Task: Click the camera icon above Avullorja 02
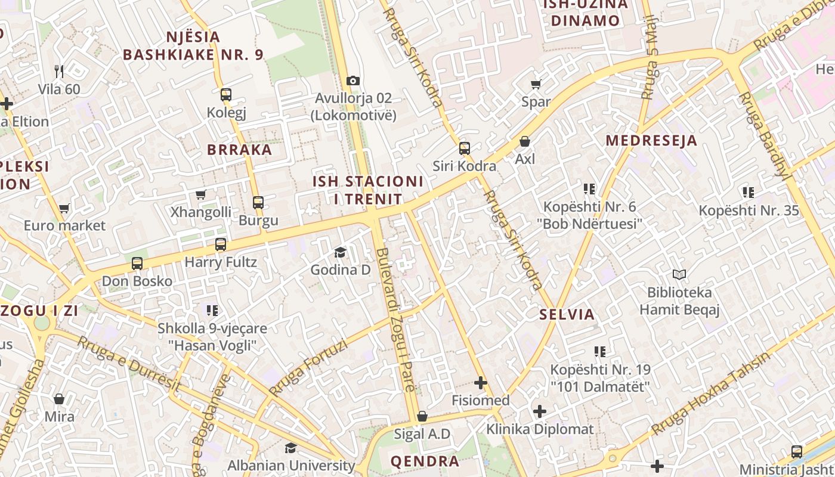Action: coord(353,80)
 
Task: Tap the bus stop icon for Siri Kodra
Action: coord(465,148)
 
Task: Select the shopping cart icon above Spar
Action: coord(536,85)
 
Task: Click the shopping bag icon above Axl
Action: coord(525,141)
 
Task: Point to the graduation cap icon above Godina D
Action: coord(340,252)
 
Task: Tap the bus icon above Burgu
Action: coord(258,203)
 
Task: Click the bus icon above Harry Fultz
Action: coord(221,244)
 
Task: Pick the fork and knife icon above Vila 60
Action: coord(59,72)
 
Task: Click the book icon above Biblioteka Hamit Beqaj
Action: coord(679,275)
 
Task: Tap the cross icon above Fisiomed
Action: coord(481,383)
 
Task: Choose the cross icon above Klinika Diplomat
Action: coord(540,411)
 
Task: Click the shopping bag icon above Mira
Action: coord(59,398)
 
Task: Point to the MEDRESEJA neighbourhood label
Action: coord(651,141)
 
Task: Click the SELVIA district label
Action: coord(567,315)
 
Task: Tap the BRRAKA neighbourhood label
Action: coord(240,150)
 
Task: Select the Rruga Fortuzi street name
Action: coord(308,367)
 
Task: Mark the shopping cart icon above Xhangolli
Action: coord(201,194)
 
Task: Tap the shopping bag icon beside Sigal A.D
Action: coord(422,416)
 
